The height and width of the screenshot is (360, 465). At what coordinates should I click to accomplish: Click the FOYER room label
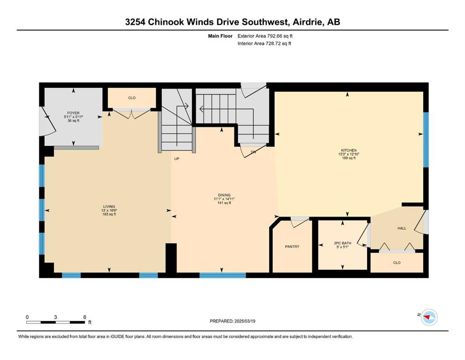click(x=73, y=113)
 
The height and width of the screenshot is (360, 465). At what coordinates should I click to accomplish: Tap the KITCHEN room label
click(x=349, y=150)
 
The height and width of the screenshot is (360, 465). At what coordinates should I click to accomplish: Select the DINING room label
click(x=224, y=195)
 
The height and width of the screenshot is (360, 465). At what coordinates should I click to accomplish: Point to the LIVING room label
click(x=109, y=207)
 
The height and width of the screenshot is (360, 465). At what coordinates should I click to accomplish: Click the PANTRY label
click(x=292, y=247)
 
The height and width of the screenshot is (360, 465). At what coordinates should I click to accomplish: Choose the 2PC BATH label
click(x=342, y=243)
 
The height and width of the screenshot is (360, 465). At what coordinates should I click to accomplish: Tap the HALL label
click(x=402, y=228)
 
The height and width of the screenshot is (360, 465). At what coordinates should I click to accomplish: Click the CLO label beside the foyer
click(x=132, y=98)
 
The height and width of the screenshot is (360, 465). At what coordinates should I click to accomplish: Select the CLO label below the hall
click(x=397, y=262)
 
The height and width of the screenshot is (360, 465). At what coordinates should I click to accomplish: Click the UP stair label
click(x=177, y=159)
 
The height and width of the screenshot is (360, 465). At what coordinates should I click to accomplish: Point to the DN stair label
click(x=253, y=152)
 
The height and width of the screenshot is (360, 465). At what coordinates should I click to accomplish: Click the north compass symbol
click(x=429, y=317)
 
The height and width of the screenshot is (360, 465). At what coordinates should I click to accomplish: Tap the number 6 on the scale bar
click(x=85, y=317)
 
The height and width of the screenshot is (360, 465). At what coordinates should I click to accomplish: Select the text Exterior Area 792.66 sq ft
click(x=265, y=36)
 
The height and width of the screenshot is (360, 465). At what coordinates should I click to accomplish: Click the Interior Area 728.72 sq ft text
click(x=264, y=44)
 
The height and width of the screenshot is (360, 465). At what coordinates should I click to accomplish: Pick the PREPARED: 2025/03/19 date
click(x=232, y=321)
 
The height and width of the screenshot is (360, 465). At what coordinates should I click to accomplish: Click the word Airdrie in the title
click(x=308, y=22)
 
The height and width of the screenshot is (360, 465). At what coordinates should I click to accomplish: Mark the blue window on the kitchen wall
click(x=426, y=140)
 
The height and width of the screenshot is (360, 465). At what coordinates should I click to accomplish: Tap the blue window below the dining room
click(x=223, y=276)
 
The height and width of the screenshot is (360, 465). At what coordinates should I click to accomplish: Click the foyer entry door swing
click(x=49, y=122)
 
